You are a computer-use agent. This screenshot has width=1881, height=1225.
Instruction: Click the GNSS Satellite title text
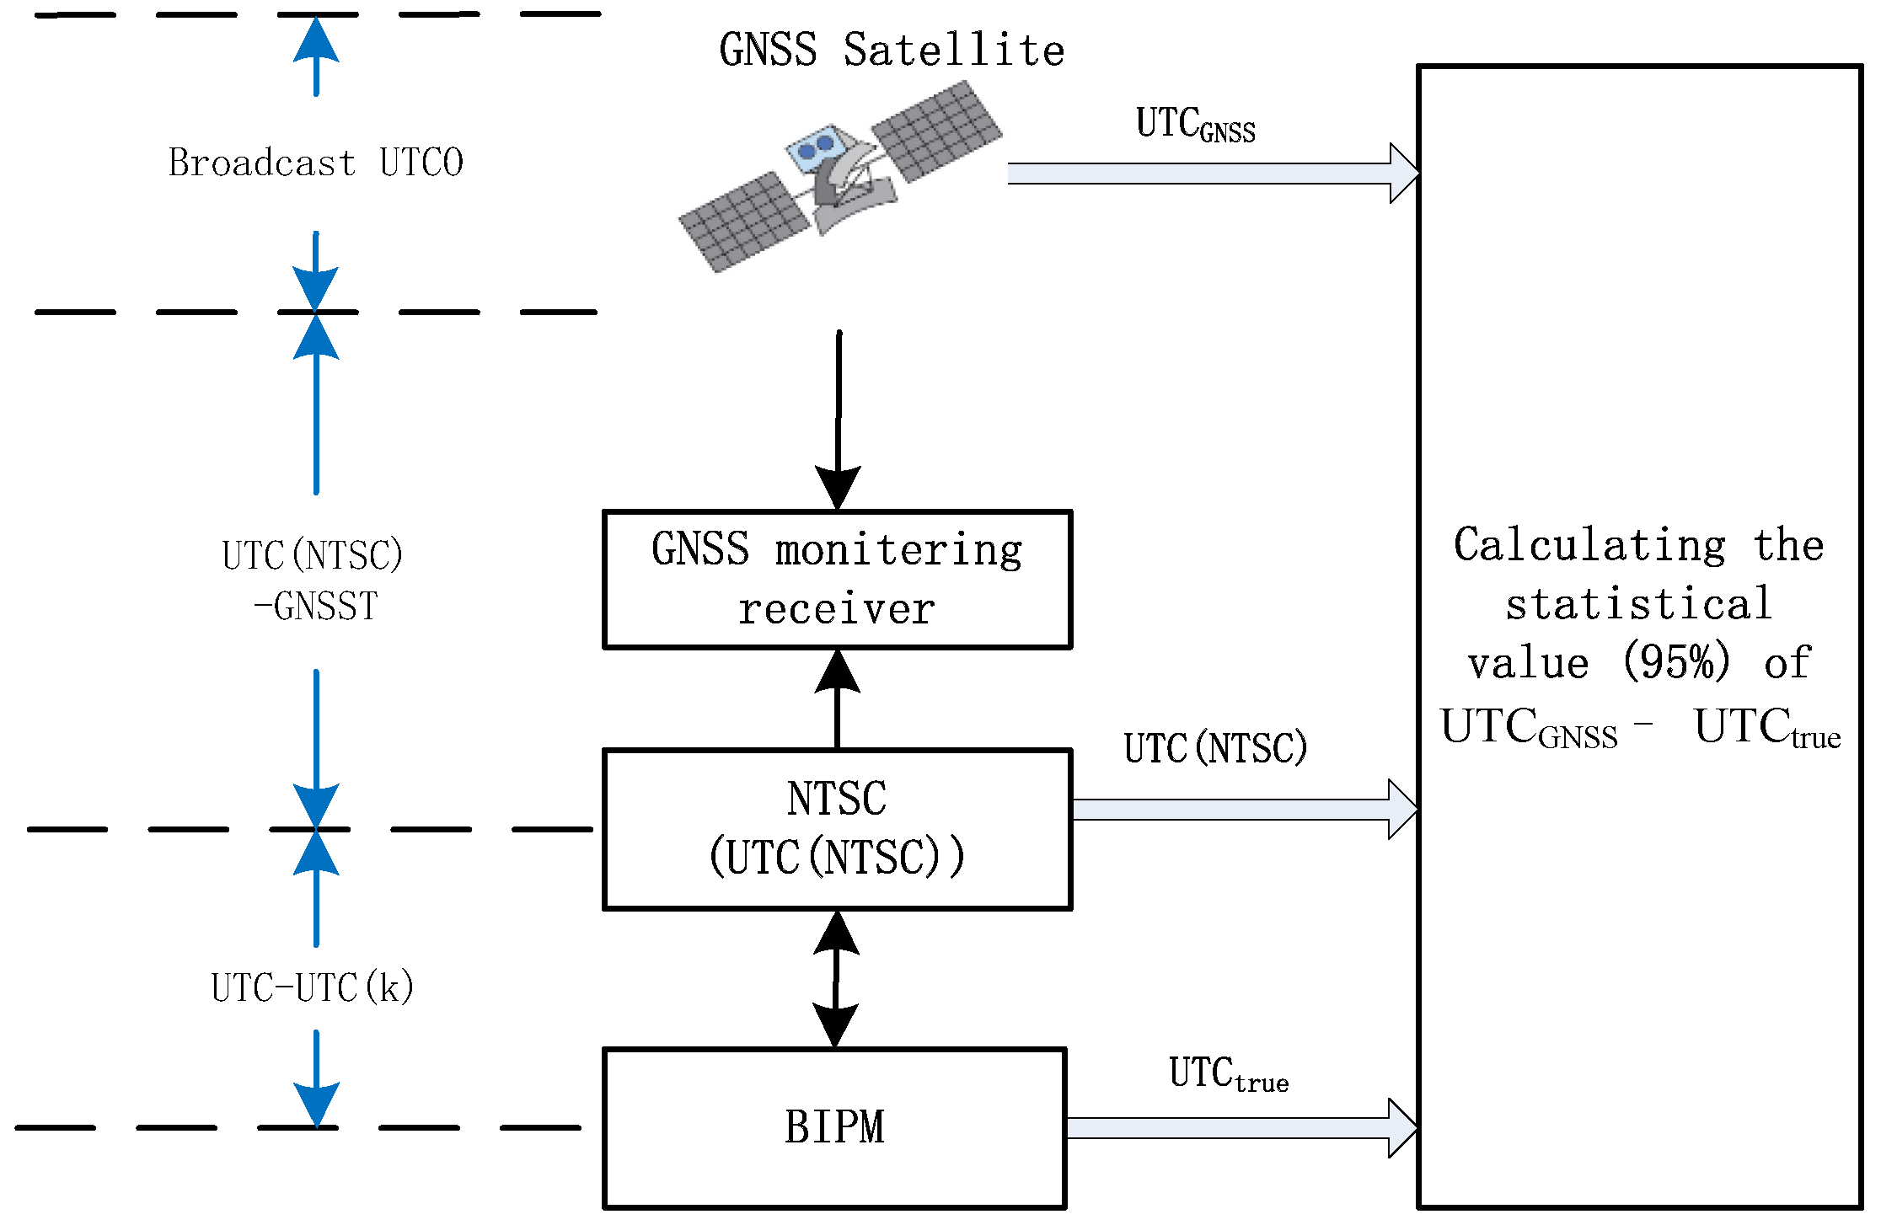(x=892, y=50)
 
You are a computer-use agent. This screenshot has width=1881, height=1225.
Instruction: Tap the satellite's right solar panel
(x=936, y=131)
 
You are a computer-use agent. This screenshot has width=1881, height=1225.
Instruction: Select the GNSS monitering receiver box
(x=837, y=580)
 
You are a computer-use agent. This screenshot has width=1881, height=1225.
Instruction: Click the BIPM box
(x=834, y=1128)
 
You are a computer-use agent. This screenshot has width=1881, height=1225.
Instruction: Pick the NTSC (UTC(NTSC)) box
(x=837, y=829)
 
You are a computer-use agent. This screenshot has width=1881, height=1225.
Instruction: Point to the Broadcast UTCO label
(x=315, y=163)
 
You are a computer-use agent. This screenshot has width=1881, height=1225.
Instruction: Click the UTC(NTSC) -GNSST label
(x=313, y=580)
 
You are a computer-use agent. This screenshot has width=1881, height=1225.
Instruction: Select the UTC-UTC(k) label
(x=312, y=987)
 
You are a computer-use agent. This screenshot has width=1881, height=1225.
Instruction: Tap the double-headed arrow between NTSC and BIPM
(x=835, y=979)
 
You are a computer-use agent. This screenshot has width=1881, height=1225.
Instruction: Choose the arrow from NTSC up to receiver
(x=837, y=699)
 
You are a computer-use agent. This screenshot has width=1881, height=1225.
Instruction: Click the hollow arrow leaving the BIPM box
(x=1239, y=1128)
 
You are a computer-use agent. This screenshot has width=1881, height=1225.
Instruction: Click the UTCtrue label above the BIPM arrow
(x=1228, y=1075)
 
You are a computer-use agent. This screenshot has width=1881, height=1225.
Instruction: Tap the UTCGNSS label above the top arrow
(x=1195, y=125)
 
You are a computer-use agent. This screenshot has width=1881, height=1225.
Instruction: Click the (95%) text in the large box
(x=1676, y=662)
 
